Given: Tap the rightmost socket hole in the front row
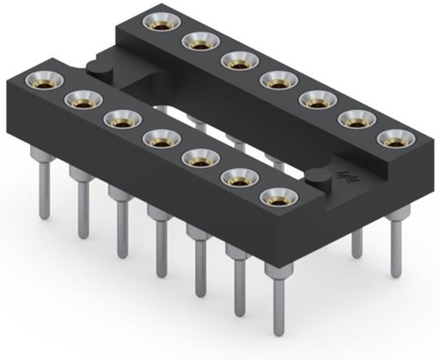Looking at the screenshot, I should pos(273,196).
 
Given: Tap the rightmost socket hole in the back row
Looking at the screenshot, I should pos(394,137).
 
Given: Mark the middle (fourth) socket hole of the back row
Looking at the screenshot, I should pos(276,78).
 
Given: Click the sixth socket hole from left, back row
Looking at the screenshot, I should pos(354,117).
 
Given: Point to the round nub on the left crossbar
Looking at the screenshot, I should pos(98,67).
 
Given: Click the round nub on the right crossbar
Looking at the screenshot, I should pos(318,177).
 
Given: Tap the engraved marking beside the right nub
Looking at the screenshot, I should pos(343,175).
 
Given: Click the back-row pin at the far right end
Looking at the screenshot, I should pos(395,246).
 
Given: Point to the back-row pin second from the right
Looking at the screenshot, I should pos(356,235).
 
